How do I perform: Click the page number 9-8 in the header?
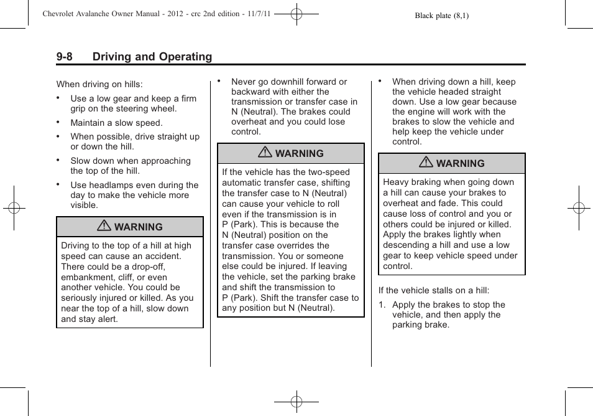[64, 57]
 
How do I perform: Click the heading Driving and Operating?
[152, 57]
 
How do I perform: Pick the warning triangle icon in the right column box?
[426, 163]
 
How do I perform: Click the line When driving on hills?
[99, 84]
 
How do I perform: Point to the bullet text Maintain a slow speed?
[116, 123]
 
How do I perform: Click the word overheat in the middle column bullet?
[249, 122]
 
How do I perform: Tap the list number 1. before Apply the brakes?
[382, 305]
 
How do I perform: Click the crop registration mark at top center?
[296, 13]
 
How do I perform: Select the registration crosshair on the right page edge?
[579, 208]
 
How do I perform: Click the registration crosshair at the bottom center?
[296, 402]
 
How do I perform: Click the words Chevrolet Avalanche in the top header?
[71, 14]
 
